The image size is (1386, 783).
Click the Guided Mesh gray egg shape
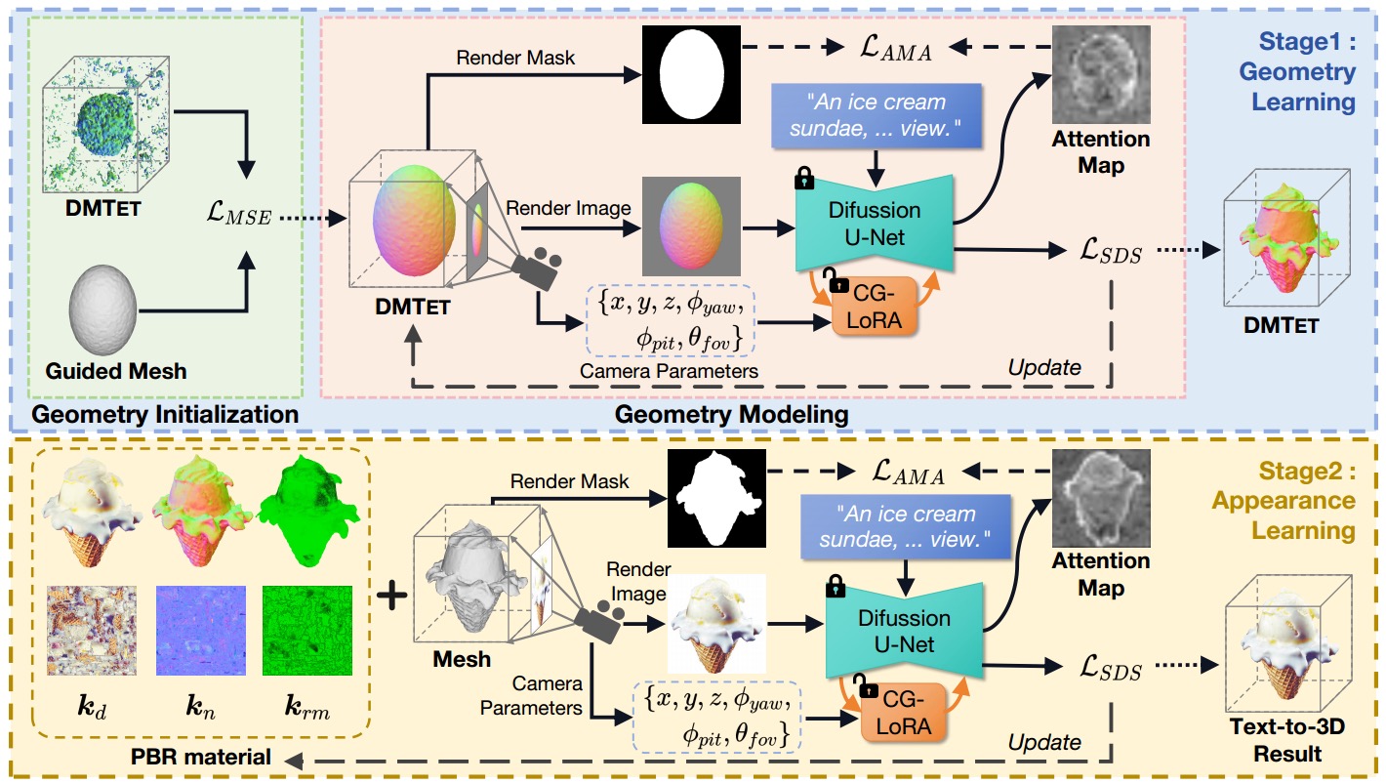tap(102, 309)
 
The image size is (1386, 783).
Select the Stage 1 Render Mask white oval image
tap(691, 74)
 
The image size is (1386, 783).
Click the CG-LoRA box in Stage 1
tap(874, 307)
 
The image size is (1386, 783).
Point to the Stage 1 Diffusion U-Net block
tap(875, 224)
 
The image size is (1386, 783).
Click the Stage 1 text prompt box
tap(876, 116)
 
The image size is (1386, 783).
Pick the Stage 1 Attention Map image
tap(1101, 74)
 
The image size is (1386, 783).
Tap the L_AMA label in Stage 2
tap(909, 473)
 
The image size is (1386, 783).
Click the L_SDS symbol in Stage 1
tap(1111, 251)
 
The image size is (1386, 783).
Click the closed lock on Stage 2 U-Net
tap(836, 586)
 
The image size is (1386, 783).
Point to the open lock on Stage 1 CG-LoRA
tap(836, 280)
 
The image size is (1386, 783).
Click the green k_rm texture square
tap(306, 631)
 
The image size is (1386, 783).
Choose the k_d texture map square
tap(92, 631)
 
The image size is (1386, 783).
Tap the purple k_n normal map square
tap(200, 631)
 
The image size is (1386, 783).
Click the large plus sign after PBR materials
tap(391, 597)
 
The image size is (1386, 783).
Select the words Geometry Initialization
tap(165, 414)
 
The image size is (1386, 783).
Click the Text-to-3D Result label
tap(1287, 740)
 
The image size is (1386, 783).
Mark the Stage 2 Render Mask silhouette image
tap(716, 498)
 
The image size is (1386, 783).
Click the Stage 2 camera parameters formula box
tap(716, 717)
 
